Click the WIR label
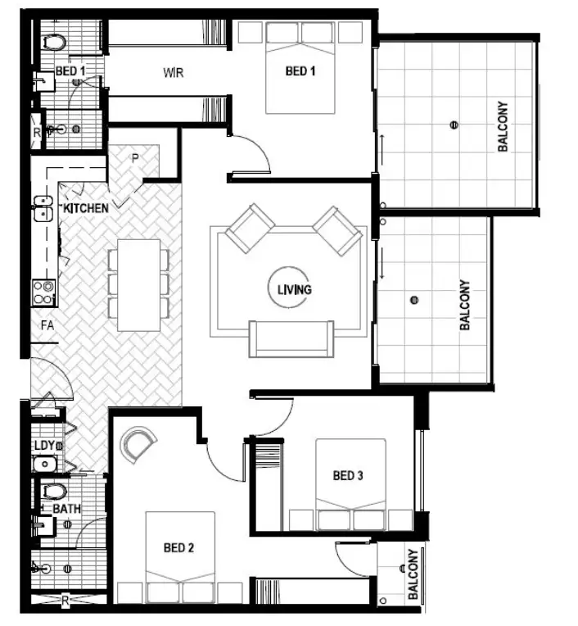(173, 73)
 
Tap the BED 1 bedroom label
(300, 71)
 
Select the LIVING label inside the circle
(294, 289)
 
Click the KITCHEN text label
(86, 208)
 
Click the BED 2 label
(178, 547)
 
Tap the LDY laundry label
(44, 445)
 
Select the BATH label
(66, 509)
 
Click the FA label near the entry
(47, 325)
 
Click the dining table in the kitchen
(138, 284)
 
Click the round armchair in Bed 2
(138, 444)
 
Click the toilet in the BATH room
(54, 492)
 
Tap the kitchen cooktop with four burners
(43, 292)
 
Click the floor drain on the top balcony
(453, 125)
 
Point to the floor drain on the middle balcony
(414, 300)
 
